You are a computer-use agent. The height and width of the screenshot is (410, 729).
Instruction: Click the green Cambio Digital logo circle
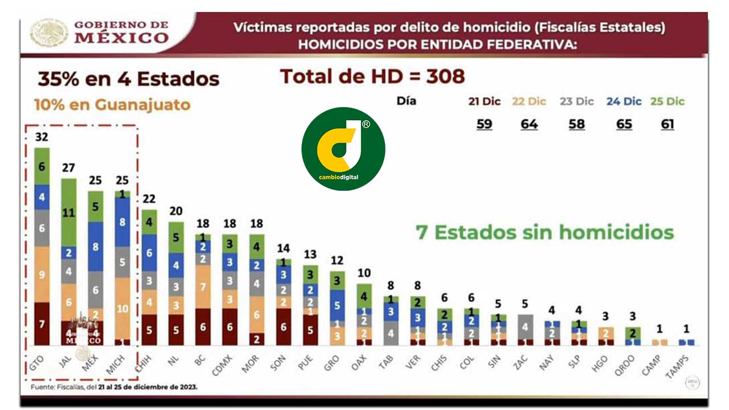click(343, 149)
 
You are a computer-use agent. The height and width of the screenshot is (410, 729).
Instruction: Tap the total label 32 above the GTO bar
click(42, 137)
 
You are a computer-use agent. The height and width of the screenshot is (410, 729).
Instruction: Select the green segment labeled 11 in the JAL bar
click(69, 213)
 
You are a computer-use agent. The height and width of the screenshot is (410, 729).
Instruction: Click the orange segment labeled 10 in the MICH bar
click(122, 308)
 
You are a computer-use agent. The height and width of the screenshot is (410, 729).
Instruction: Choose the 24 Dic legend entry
click(624, 101)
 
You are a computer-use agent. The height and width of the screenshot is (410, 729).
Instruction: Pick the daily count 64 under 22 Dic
click(529, 124)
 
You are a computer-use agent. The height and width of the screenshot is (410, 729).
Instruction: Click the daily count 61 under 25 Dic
click(667, 124)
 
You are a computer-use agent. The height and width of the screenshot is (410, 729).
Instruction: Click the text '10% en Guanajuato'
click(112, 105)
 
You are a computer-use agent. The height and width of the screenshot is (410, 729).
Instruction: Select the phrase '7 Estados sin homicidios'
click(545, 232)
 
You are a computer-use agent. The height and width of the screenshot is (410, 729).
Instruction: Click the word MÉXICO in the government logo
click(122, 38)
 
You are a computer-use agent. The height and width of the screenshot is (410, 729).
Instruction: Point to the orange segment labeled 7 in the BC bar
click(202, 286)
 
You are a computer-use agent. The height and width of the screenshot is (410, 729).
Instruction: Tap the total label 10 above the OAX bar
click(364, 273)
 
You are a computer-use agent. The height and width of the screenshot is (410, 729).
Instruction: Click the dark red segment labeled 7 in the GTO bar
click(42, 323)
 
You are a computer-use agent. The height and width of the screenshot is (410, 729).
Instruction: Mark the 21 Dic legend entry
click(484, 101)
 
